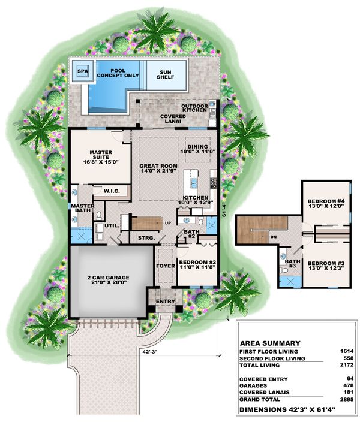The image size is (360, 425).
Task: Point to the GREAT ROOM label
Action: [158, 168]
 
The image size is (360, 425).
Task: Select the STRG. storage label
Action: [146, 238]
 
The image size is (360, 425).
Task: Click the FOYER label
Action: [165, 265]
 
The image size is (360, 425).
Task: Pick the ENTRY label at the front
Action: [166, 301]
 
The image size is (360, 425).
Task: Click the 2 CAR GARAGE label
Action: [108, 280]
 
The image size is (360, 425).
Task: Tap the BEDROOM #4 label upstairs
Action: [325, 204]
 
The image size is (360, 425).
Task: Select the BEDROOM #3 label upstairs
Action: [325, 266]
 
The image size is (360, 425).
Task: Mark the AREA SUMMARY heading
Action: [269, 343]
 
